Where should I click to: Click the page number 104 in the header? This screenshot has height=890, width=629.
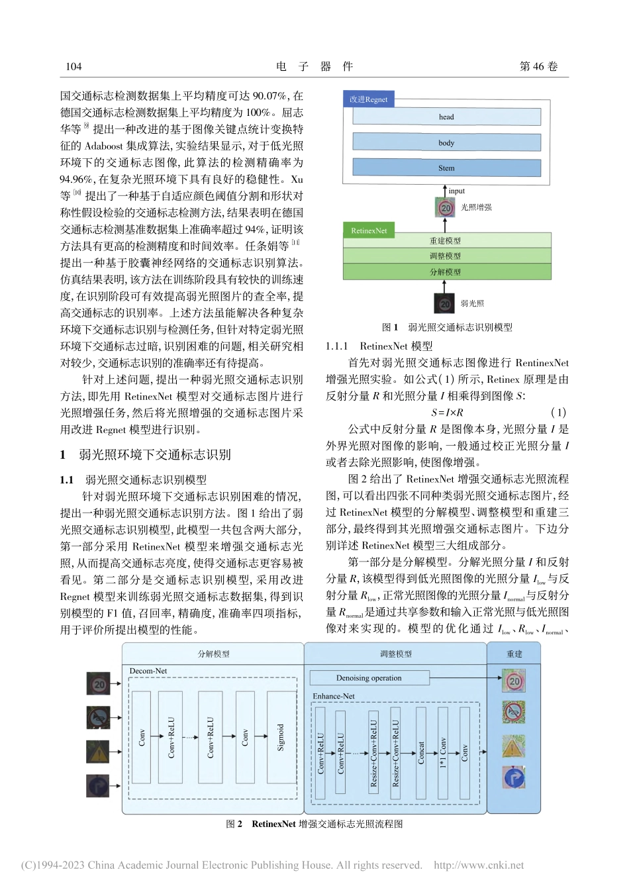[73, 66]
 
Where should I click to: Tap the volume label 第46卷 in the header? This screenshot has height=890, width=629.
[538, 66]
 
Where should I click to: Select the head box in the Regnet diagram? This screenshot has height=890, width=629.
[446, 117]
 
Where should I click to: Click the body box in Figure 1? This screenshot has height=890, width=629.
[446, 142]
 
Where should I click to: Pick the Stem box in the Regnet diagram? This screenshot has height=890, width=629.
[446, 168]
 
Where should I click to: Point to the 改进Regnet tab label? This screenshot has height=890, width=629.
[368, 99]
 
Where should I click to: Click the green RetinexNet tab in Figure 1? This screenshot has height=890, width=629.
[369, 230]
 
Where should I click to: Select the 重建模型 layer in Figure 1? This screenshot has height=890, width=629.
[446, 240]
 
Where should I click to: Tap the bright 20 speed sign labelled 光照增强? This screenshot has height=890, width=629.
[446, 208]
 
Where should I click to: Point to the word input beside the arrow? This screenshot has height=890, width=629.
[457, 191]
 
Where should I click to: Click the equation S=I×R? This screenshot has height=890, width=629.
[447, 412]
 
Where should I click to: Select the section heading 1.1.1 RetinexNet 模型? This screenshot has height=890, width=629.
[379, 346]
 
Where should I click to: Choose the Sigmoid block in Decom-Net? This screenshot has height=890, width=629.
[281, 737]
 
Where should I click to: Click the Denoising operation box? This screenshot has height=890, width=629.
[369, 678]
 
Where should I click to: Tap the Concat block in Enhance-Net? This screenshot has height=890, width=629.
[421, 752]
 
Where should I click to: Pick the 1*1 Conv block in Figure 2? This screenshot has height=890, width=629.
[443, 752]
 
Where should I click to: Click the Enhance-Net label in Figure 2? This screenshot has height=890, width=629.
[334, 696]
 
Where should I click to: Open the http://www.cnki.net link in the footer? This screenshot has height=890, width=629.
[478, 865]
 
